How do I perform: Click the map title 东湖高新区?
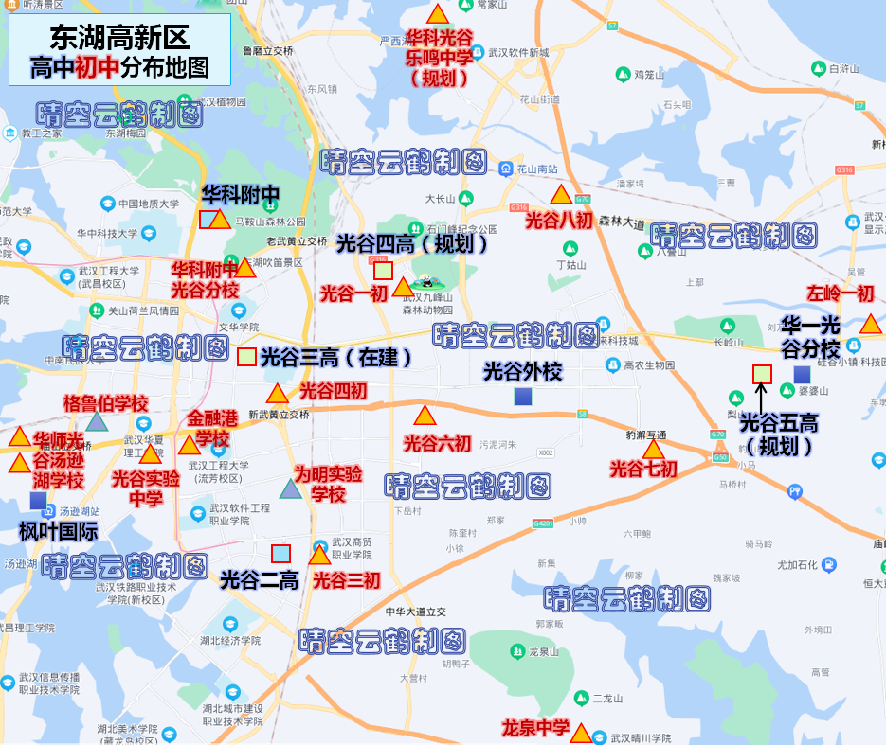click(119, 38)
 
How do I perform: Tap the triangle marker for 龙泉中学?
click(581, 734)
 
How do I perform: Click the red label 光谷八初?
click(558, 221)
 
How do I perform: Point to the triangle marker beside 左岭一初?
click(870, 325)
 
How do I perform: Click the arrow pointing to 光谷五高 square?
click(760, 398)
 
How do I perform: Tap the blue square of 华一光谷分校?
click(802, 374)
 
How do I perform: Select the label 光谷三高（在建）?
click(336, 358)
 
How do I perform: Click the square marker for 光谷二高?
click(280, 554)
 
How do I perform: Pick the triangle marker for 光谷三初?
click(319, 556)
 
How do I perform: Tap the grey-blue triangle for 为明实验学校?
click(290, 489)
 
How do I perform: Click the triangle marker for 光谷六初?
click(424, 416)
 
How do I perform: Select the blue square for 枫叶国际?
click(38, 500)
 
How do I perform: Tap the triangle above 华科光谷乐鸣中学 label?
click(437, 14)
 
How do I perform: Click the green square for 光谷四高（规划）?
click(383, 271)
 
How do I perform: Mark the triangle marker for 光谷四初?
click(277, 394)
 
